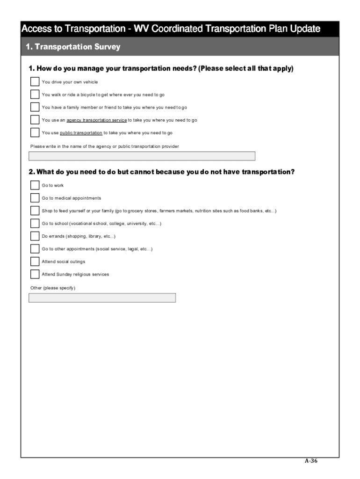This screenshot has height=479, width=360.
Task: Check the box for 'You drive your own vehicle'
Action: pyautogui.click(x=35, y=82)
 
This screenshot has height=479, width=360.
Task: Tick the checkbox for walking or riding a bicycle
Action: pyautogui.click(x=35, y=94)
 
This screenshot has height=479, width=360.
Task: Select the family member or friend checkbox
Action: pyautogui.click(x=35, y=107)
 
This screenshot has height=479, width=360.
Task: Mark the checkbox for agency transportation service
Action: pyautogui.click(x=35, y=120)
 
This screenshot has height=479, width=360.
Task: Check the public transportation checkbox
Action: pyautogui.click(x=35, y=132)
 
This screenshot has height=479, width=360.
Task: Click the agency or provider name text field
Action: pyautogui.click(x=142, y=156)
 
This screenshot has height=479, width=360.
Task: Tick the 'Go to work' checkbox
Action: pyautogui.click(x=35, y=185)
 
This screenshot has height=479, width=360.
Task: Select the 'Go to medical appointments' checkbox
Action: pyautogui.click(x=35, y=198)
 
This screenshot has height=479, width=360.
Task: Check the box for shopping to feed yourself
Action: pyautogui.click(x=35, y=210)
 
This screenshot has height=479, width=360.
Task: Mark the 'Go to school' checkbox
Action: pyautogui.click(x=35, y=223)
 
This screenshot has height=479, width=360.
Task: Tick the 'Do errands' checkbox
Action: pyautogui.click(x=35, y=236)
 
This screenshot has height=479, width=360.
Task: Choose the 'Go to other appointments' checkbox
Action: pyautogui.click(x=35, y=248)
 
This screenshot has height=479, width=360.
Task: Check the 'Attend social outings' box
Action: pyautogui.click(x=35, y=261)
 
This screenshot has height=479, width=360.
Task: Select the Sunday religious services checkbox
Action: pyautogui.click(x=35, y=274)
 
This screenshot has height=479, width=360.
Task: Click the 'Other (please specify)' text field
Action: pyautogui.click(x=102, y=298)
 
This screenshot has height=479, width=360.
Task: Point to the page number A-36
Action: pyautogui.click(x=311, y=460)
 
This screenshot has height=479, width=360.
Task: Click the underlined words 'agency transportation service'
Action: pyautogui.click(x=97, y=120)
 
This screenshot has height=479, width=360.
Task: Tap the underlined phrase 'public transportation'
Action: pyautogui.click(x=81, y=133)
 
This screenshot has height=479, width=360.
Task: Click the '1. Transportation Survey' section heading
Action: pyautogui.click(x=73, y=47)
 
